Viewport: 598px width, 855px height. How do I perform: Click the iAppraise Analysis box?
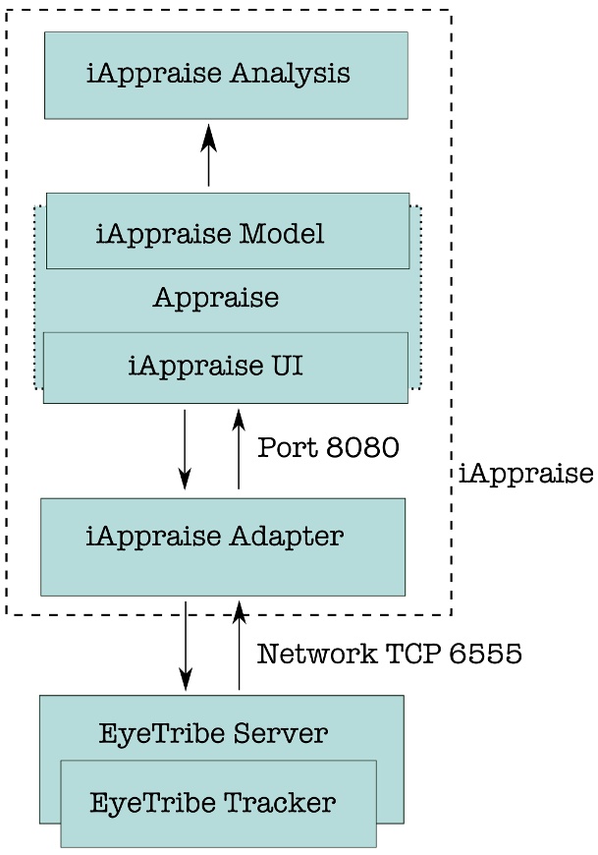[x=226, y=76]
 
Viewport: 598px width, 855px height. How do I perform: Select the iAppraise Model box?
[x=228, y=232]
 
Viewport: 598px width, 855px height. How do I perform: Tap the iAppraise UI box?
[x=225, y=368]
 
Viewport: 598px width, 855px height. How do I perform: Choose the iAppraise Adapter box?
[x=223, y=546]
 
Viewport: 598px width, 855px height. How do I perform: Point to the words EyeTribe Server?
[x=213, y=733]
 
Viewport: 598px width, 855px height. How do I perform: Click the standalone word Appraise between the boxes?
[x=216, y=298]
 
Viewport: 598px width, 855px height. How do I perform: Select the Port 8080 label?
[x=328, y=448]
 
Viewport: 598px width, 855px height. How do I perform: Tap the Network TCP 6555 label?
[x=389, y=654]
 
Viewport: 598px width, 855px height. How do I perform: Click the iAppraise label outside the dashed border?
[x=525, y=475]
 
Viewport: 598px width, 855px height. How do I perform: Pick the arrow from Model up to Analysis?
[x=208, y=155]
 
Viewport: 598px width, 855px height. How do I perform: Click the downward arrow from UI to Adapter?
[x=185, y=449]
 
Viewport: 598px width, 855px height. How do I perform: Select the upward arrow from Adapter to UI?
[x=239, y=449]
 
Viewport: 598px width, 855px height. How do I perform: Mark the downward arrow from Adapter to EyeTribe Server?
[x=186, y=646]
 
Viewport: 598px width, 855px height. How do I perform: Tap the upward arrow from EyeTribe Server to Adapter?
[x=239, y=646]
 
